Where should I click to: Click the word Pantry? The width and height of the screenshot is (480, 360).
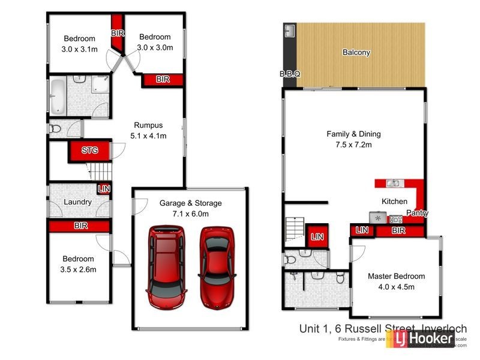(417, 213)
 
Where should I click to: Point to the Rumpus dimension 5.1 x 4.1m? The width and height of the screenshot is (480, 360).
(148, 136)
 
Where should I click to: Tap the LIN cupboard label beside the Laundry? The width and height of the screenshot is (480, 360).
(104, 189)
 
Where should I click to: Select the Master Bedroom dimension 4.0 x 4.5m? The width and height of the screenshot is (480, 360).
(396, 287)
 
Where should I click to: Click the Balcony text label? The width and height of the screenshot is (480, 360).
(356, 52)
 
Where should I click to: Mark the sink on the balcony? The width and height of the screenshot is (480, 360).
(290, 30)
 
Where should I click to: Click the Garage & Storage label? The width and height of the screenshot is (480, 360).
(190, 203)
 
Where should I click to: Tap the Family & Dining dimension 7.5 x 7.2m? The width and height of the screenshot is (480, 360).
(353, 145)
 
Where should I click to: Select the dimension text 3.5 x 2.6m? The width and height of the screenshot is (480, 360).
(79, 269)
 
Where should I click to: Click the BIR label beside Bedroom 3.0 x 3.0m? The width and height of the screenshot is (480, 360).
(163, 79)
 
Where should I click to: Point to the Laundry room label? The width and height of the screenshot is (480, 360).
(77, 202)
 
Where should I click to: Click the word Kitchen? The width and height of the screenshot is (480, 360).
(395, 202)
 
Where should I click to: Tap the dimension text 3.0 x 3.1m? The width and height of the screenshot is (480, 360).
(79, 49)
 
